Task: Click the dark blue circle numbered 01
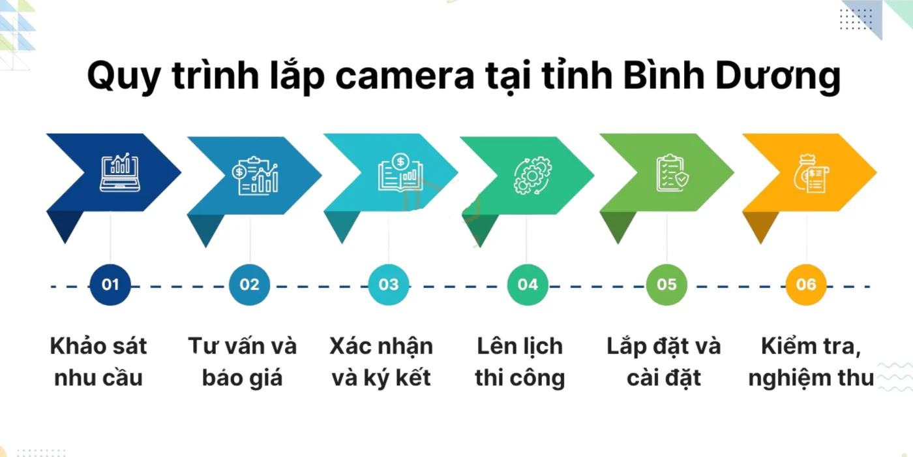(x=110, y=285)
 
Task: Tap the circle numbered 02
(x=249, y=285)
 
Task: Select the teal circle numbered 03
(x=389, y=285)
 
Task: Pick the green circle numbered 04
(x=528, y=285)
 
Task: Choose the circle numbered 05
(x=666, y=285)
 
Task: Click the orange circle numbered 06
(x=806, y=285)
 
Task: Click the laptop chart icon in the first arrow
(x=120, y=172)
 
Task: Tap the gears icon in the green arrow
(x=533, y=176)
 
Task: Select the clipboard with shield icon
(x=672, y=172)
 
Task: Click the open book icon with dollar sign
(x=400, y=172)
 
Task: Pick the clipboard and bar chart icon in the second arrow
(x=255, y=176)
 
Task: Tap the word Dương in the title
(x=778, y=77)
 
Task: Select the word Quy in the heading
(x=124, y=78)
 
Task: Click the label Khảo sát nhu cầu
(x=98, y=362)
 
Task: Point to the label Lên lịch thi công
(x=520, y=362)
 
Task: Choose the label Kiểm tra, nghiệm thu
(x=811, y=362)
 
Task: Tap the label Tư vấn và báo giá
(x=243, y=362)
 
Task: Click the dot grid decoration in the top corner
(x=856, y=19)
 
